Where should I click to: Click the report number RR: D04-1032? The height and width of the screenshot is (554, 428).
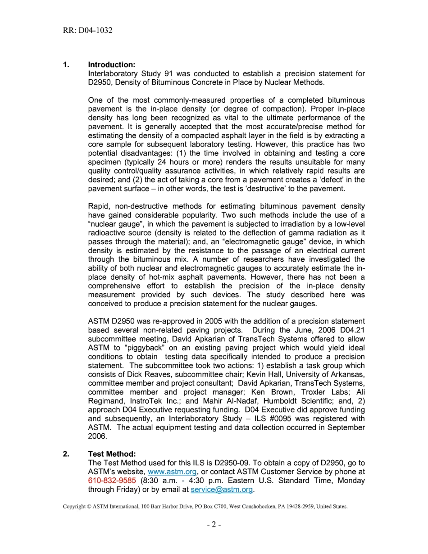pyautogui.click(x=88, y=31)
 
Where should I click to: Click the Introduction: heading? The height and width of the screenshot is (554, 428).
pyautogui.click(x=112, y=65)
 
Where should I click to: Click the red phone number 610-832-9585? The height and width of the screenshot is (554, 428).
pyautogui.click(x=112, y=481)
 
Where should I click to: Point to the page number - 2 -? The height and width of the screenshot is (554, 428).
pyautogui.click(x=214, y=524)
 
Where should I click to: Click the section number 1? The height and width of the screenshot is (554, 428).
pyautogui.click(x=66, y=65)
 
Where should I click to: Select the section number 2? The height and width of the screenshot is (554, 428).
pyautogui.click(x=66, y=454)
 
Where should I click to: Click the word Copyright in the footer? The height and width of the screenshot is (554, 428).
pyautogui.click(x=74, y=507)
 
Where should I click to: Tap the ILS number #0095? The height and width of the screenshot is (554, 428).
pyautogui.click(x=289, y=418)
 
